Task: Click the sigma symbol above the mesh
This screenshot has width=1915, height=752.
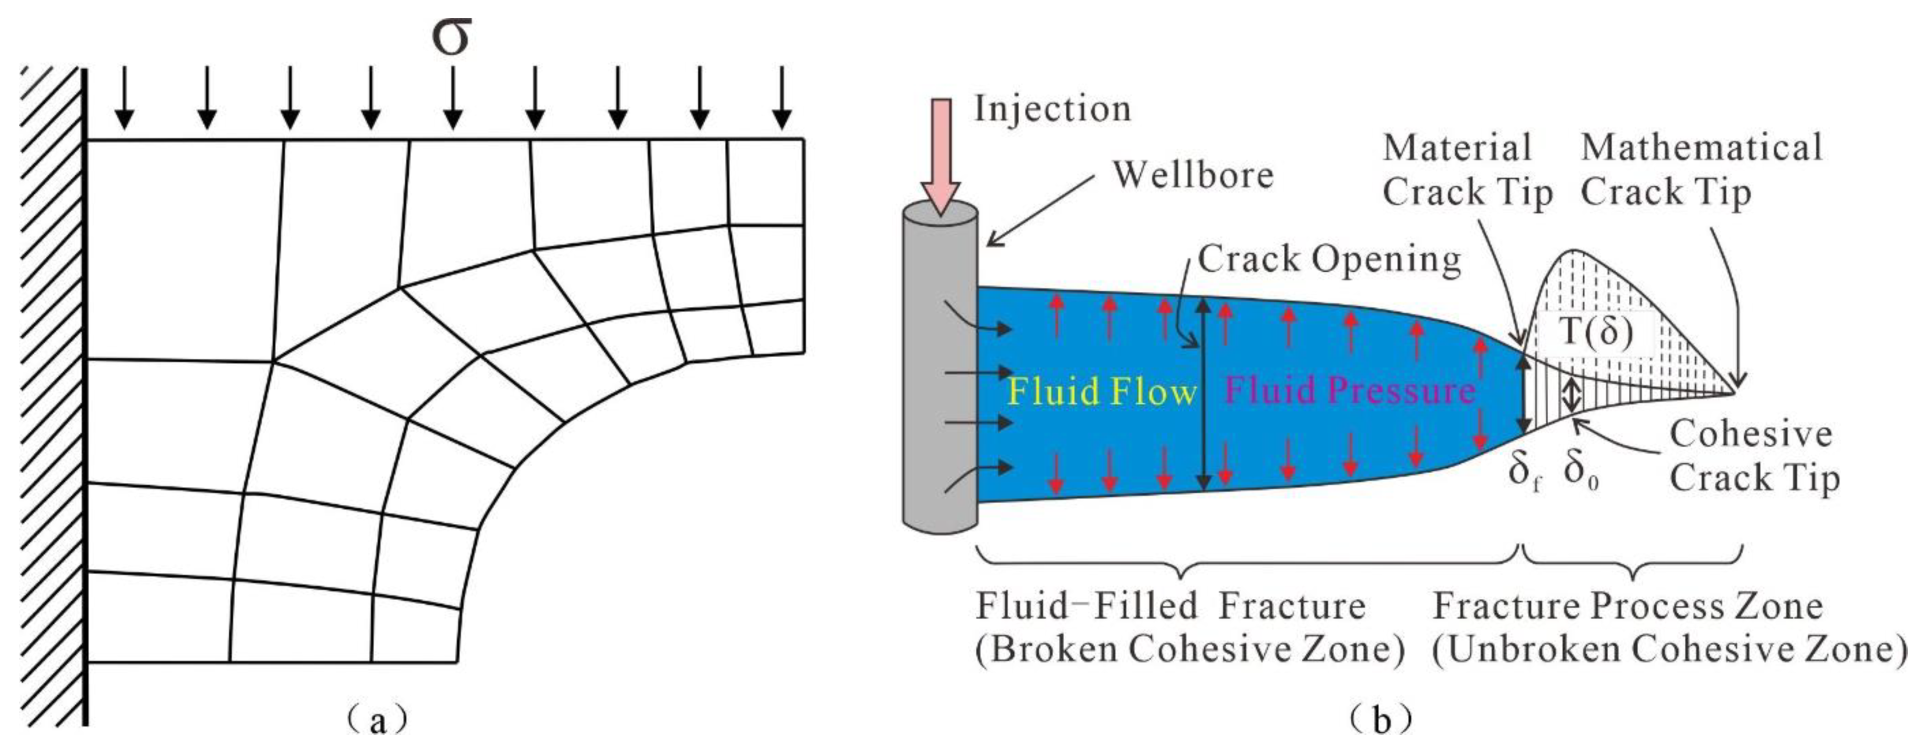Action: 451,37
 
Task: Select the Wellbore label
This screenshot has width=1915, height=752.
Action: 1193,176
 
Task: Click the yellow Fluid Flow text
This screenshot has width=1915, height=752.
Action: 1101,391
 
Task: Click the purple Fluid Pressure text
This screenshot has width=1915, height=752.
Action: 1349,391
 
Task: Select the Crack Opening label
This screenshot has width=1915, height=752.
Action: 1328,259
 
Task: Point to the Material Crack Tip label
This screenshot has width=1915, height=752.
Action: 1466,170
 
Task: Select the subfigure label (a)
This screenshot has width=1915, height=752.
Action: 377,720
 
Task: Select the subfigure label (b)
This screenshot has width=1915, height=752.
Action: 1380,720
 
